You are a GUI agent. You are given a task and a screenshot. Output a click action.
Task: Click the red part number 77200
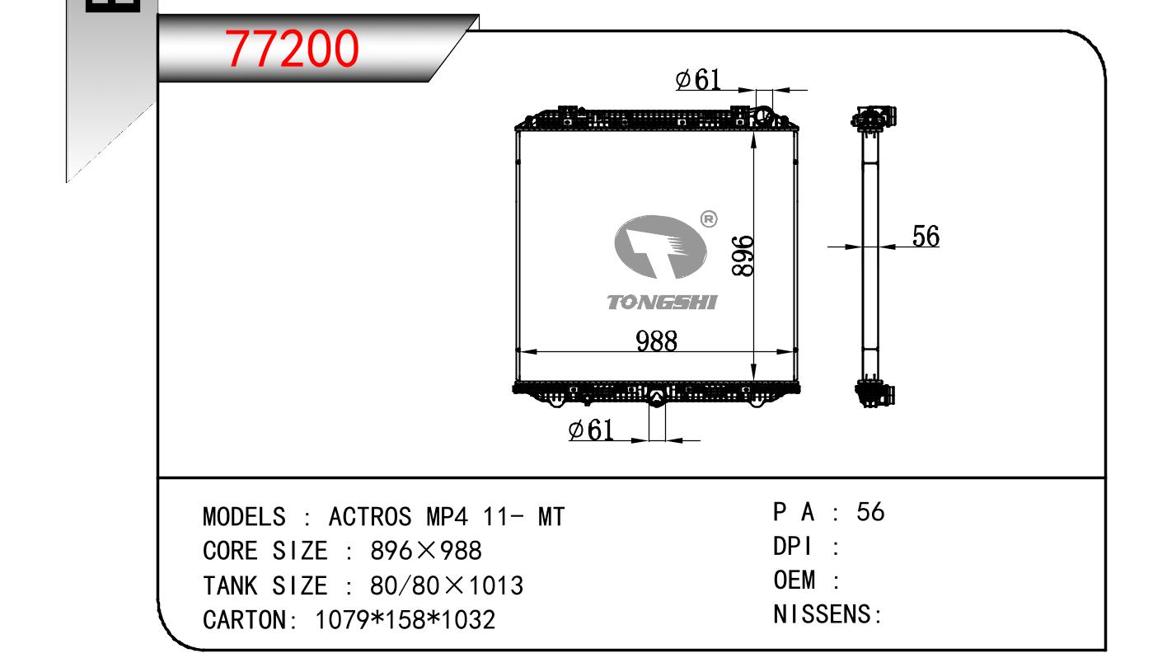(291, 49)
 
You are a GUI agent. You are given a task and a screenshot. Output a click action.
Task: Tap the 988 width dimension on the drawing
(656, 341)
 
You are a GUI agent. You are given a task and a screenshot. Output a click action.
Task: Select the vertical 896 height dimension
(743, 256)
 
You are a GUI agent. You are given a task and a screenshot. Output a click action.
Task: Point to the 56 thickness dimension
(926, 237)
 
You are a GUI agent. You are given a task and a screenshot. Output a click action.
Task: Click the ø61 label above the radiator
(698, 79)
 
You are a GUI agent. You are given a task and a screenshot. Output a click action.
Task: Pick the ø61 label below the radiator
(591, 430)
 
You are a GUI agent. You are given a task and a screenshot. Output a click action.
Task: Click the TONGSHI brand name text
(662, 303)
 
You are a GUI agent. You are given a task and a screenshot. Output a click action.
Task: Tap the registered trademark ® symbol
(709, 219)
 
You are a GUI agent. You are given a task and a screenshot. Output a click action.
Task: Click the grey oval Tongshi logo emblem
(660, 247)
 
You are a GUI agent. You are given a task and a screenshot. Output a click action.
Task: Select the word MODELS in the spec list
(244, 516)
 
